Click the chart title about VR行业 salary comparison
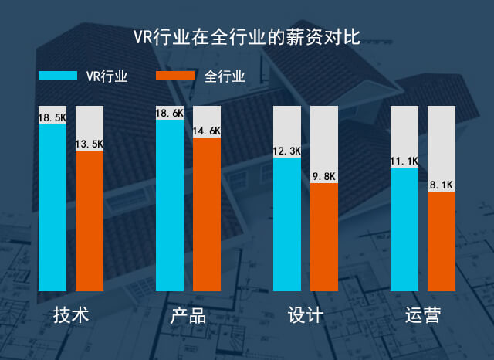246,37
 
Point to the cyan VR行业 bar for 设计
287,224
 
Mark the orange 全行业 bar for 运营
442,241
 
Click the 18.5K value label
52,117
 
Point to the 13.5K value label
90,144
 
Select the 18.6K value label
170,113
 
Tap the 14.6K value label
207,131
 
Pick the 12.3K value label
287,151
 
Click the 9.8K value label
324,176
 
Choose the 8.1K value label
442,185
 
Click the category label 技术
71,316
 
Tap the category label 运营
423,316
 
